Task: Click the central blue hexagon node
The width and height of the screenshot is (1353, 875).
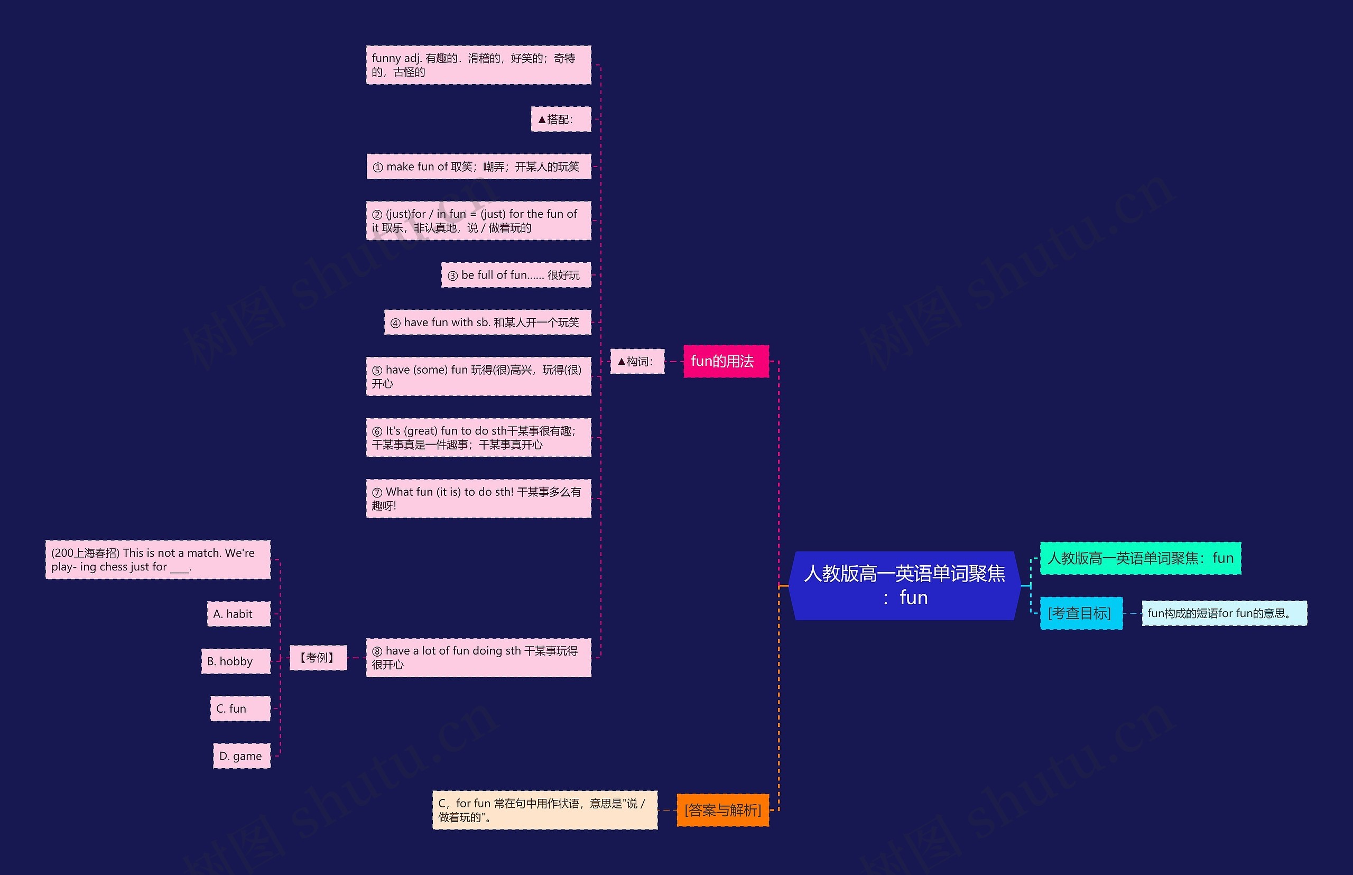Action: [x=904, y=585]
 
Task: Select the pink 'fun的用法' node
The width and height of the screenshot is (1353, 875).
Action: [x=725, y=361]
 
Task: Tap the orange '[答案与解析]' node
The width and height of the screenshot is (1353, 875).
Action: [x=722, y=809]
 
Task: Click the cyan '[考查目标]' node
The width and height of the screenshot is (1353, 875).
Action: [x=1080, y=613]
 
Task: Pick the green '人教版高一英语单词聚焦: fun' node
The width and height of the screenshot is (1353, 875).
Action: [x=1140, y=558]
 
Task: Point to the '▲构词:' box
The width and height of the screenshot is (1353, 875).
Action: [x=637, y=361]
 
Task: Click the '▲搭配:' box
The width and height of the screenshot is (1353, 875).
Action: [x=561, y=119]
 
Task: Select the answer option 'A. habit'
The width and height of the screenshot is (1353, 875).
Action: [x=238, y=614]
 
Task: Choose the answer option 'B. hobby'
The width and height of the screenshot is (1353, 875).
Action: [x=235, y=661]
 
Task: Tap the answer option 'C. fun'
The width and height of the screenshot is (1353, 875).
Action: [x=240, y=708]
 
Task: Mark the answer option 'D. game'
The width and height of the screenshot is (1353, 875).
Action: [x=242, y=756]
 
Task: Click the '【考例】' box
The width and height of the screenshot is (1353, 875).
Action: [x=318, y=657]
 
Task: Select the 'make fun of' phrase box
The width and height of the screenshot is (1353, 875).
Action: [x=478, y=167]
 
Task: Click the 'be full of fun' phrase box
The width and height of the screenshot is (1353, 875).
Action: [x=516, y=275]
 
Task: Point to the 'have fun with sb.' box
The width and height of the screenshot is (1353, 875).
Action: [x=487, y=322]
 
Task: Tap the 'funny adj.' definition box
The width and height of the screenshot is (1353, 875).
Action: [x=478, y=65]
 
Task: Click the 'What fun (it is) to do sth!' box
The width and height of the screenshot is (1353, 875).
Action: [x=478, y=498]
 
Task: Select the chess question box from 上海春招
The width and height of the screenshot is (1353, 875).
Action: [x=157, y=560]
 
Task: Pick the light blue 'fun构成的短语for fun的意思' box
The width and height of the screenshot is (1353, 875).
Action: [x=1224, y=613]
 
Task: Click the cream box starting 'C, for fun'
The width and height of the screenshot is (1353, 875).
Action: [x=544, y=809]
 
